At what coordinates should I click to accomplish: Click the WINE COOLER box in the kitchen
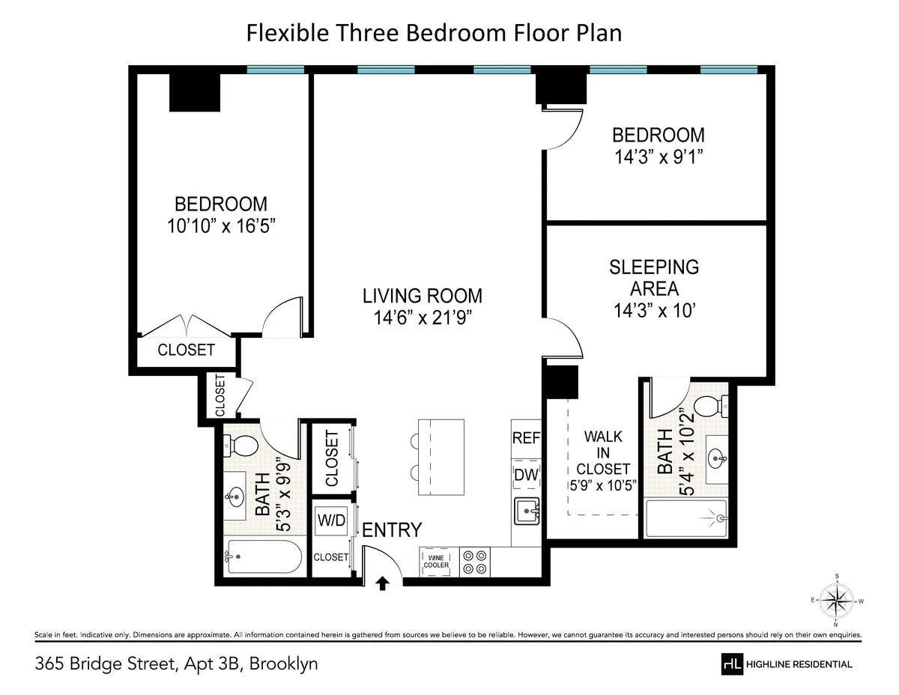click(438, 561)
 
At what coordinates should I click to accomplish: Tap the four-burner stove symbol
click(476, 562)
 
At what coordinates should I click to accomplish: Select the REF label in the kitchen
click(526, 439)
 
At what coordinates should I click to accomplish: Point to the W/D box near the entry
click(331, 521)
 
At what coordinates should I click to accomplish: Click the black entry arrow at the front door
click(383, 583)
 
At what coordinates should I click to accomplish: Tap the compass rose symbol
click(836, 600)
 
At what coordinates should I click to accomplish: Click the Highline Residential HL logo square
click(731, 664)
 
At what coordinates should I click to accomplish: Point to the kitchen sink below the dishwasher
click(527, 512)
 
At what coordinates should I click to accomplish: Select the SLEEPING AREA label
click(654, 277)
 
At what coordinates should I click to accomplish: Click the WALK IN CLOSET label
click(603, 452)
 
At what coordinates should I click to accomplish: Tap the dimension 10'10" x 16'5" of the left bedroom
click(221, 225)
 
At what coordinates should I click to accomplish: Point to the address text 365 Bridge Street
click(104, 664)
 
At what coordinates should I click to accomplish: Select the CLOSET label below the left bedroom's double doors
click(186, 350)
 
